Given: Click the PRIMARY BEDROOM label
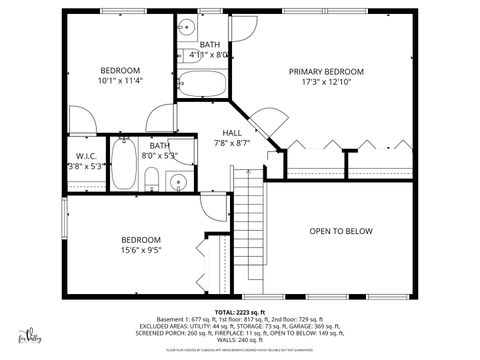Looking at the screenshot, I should [326, 72].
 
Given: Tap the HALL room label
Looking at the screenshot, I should [232, 132].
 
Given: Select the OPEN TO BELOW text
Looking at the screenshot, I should [340, 232].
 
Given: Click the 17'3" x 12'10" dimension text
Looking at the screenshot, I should [326, 83].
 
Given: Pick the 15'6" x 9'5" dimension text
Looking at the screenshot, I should [141, 251].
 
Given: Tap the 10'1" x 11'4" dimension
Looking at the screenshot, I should [120, 82].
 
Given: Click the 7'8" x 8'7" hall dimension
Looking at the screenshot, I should [232, 143].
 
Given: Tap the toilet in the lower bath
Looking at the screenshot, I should [150, 180].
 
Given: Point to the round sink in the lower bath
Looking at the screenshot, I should [177, 182].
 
